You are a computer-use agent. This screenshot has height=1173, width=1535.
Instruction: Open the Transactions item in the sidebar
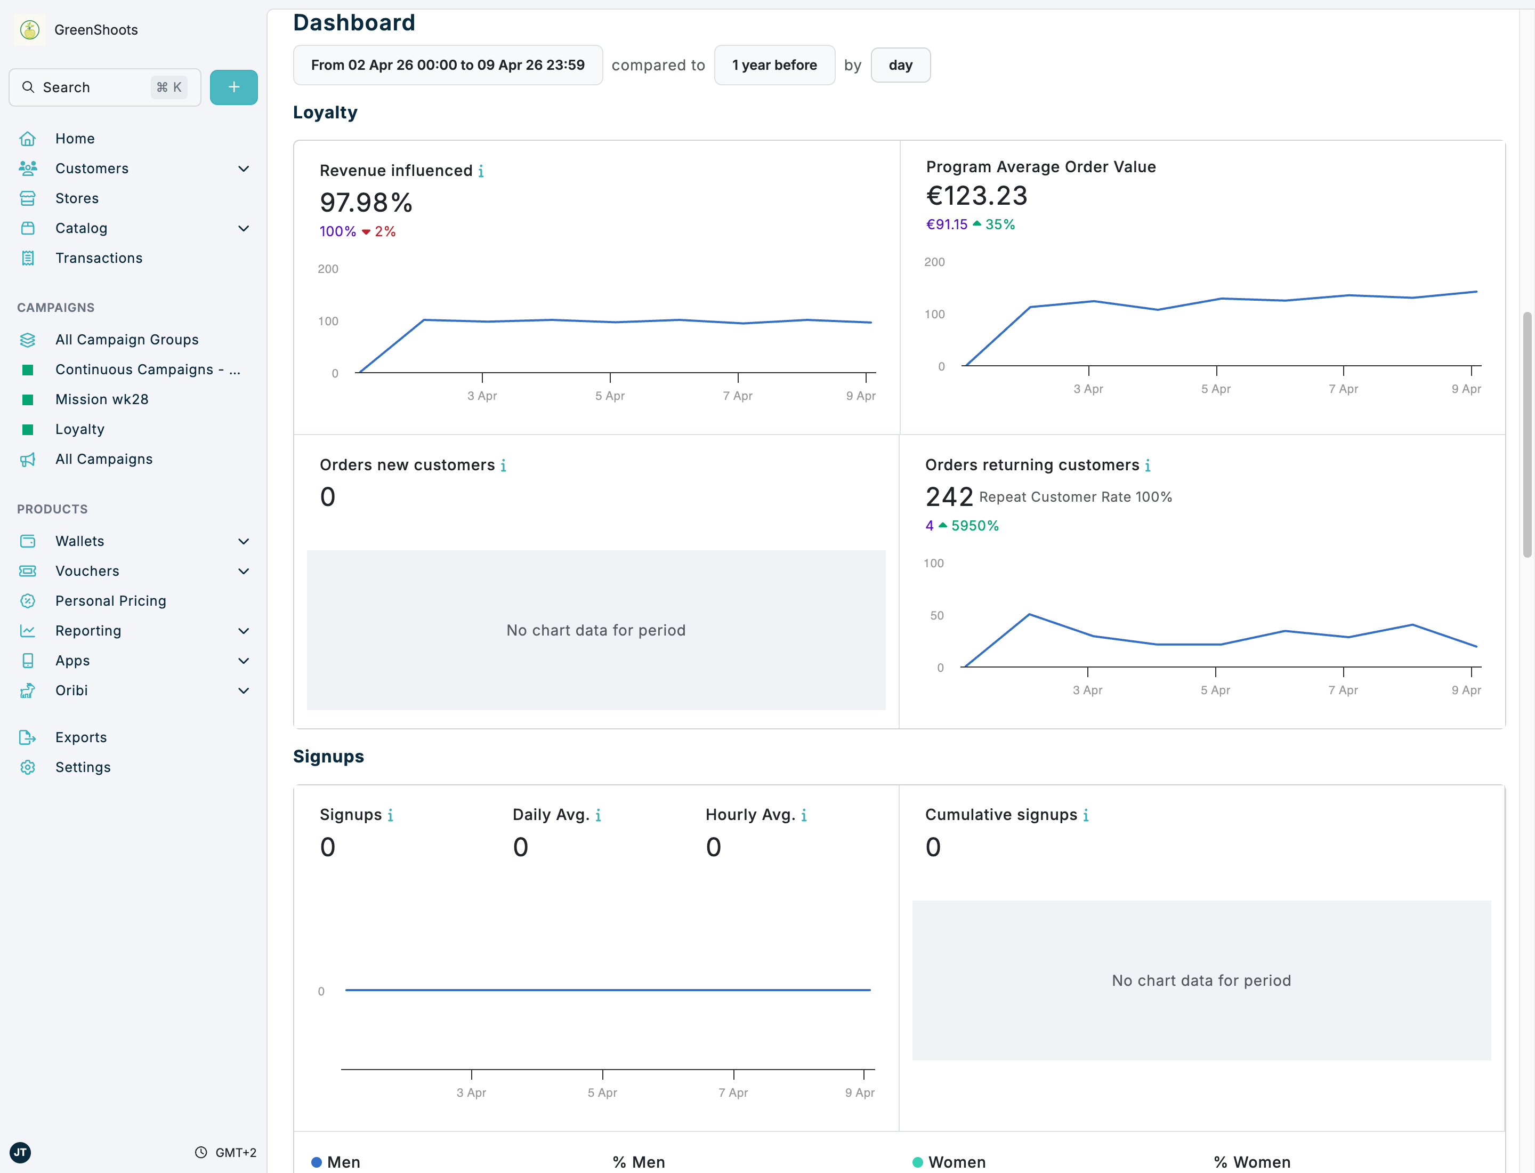[x=99, y=259]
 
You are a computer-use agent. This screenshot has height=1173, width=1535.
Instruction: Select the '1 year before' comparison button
[x=774, y=65]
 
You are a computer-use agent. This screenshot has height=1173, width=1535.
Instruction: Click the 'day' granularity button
[x=900, y=65]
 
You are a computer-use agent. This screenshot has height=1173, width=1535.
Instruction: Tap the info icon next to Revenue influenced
[x=481, y=171]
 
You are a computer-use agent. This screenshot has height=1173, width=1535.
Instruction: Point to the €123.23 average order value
[x=976, y=196]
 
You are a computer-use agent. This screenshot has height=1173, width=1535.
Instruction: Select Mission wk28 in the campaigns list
[x=102, y=399]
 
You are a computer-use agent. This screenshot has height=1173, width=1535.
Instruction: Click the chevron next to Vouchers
[x=244, y=571]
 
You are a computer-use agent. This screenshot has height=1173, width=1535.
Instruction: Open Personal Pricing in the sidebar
[x=110, y=601]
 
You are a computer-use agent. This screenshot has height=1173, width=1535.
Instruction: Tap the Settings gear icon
[x=28, y=767]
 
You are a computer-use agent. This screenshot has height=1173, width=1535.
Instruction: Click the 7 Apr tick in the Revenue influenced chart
[x=737, y=396]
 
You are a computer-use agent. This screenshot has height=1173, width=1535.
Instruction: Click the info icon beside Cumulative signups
[x=1086, y=816]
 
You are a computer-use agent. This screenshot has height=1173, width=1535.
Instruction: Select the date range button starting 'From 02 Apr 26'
[x=448, y=65]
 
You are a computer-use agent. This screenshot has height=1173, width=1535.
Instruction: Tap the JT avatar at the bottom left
[x=20, y=1152]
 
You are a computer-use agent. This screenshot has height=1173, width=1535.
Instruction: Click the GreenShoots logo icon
[x=29, y=30]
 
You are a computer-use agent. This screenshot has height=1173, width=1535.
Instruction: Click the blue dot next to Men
[x=316, y=1162]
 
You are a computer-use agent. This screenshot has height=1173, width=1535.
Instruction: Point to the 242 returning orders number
[x=949, y=497]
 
